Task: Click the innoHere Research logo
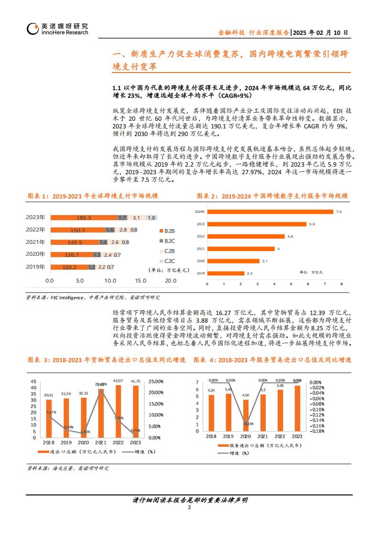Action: [57, 29]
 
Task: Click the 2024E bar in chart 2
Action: [270, 211]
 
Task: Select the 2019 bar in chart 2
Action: [226, 273]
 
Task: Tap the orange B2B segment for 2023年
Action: [84, 218]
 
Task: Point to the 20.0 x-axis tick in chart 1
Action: [171, 281]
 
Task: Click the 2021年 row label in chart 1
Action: [35, 242]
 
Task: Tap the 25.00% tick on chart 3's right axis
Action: [156, 381]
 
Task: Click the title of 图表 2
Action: [272, 196]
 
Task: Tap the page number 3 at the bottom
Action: [189, 507]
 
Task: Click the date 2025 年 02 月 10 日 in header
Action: [320, 32]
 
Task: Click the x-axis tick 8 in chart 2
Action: [342, 284]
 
